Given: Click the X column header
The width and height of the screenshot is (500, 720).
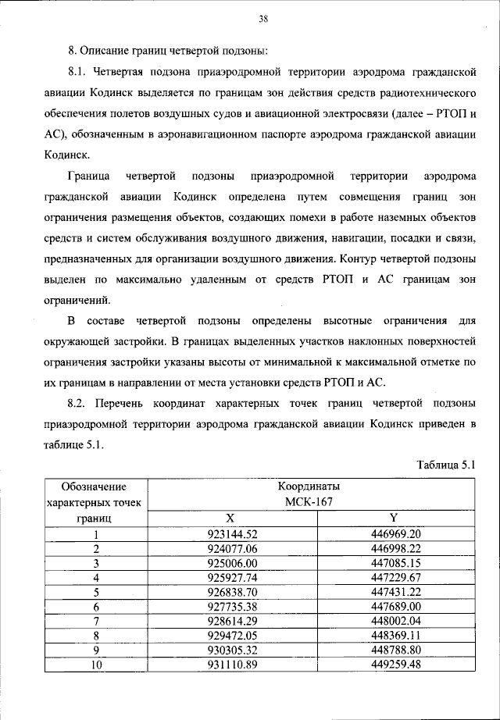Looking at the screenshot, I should point(230,518).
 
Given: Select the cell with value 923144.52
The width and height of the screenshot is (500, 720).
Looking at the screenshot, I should point(232,534).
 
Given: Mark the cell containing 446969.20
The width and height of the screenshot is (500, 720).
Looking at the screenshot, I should point(396,534).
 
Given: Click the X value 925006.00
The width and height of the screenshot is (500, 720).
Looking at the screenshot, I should point(232,563).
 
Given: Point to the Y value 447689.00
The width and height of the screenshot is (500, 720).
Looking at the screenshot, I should point(396,606).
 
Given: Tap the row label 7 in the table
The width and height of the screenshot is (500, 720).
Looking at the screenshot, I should point(97,621).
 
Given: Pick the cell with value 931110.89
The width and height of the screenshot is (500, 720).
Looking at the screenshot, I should point(232,664).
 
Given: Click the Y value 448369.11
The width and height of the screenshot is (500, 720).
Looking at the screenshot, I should point(396,635).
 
